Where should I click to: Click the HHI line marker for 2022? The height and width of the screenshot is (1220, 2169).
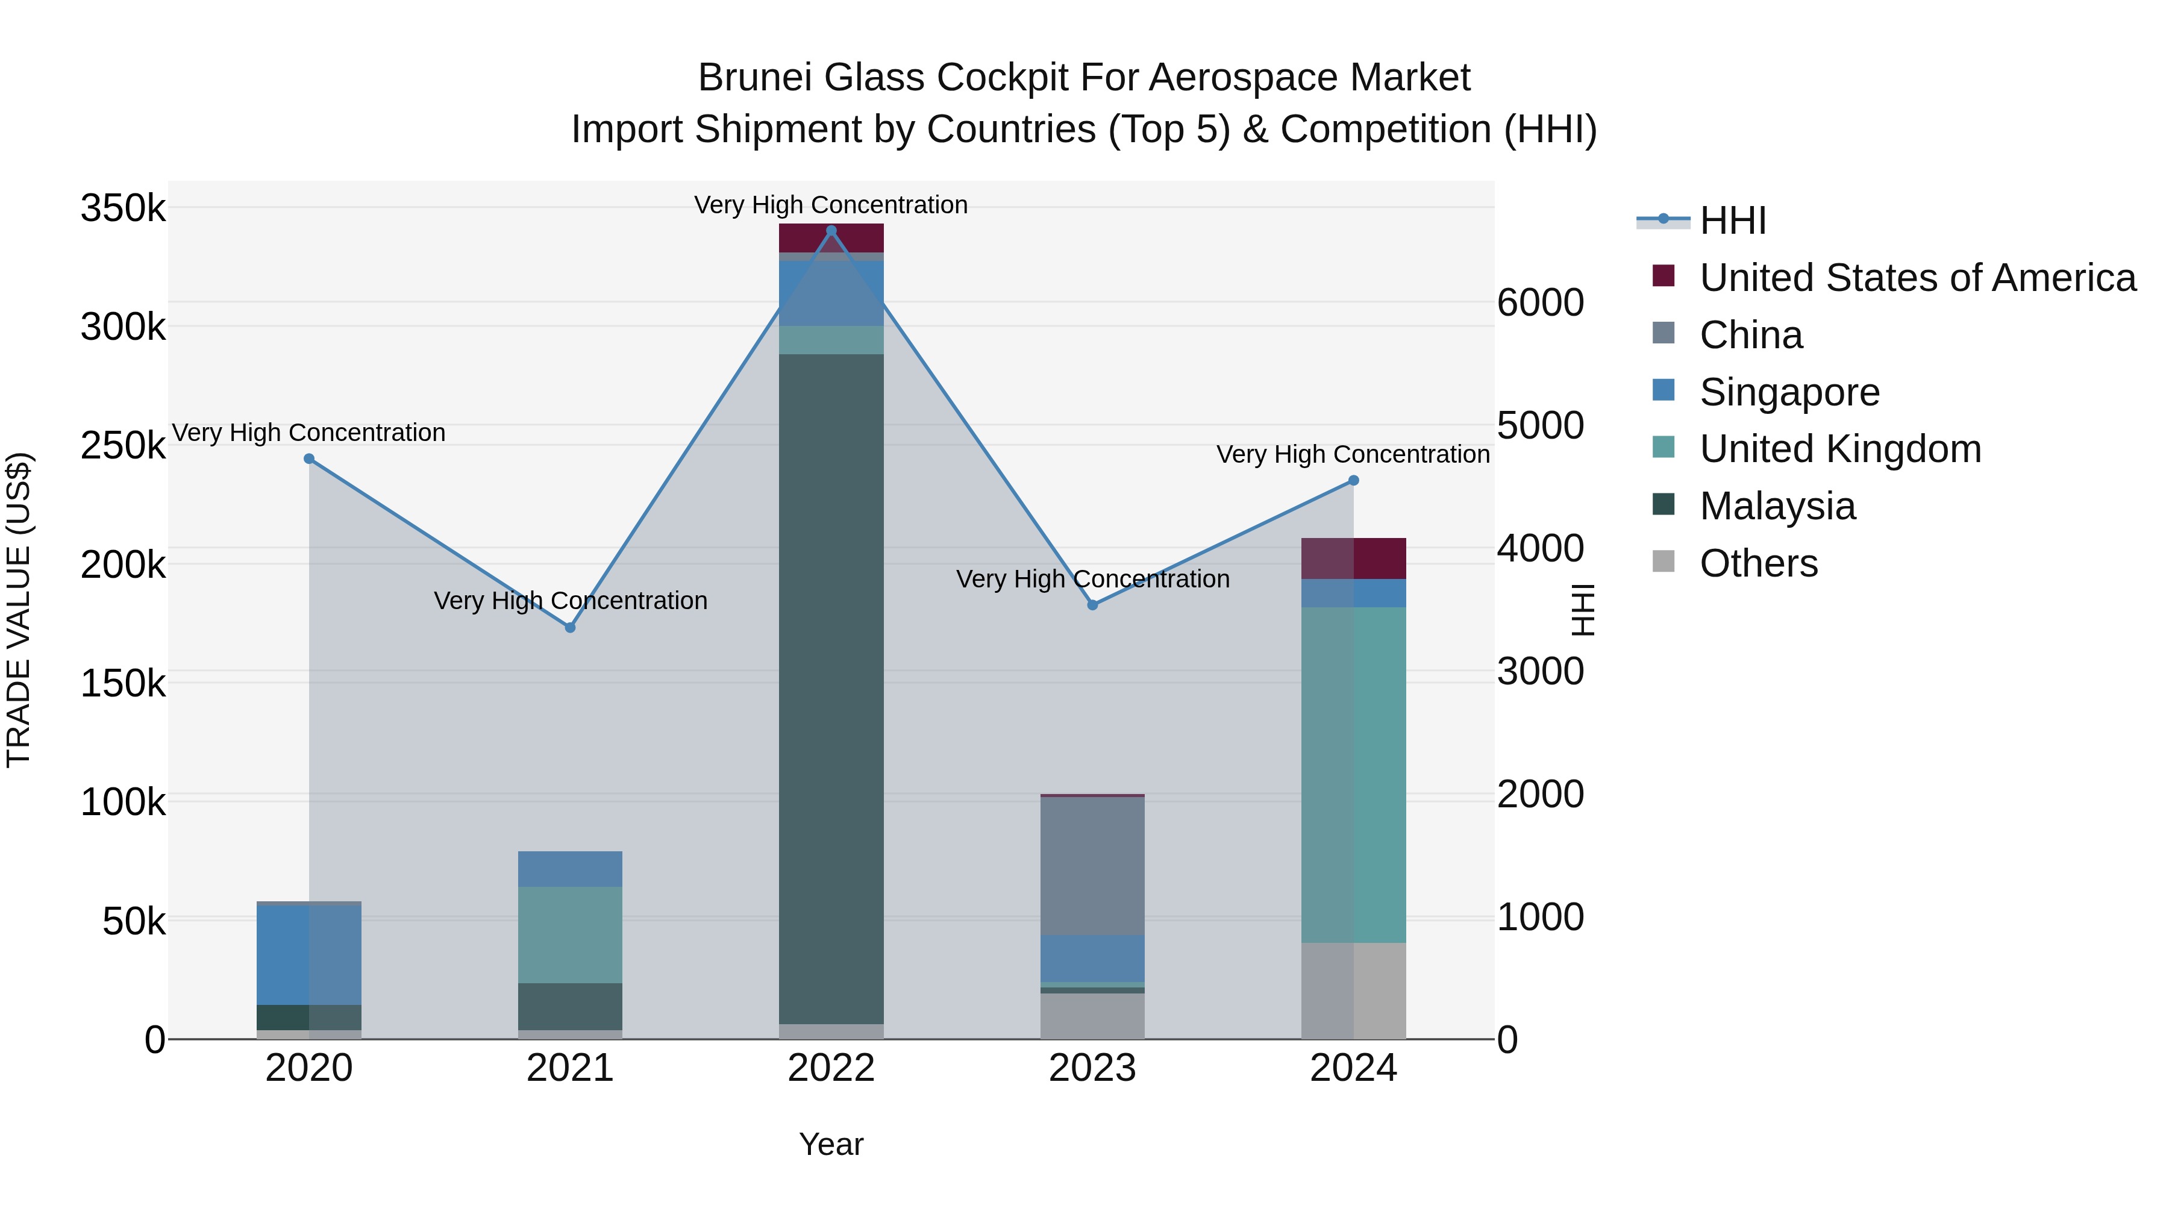(x=831, y=231)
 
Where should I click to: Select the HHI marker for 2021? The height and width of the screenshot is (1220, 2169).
(x=570, y=627)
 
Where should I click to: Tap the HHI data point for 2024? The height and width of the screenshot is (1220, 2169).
(x=1353, y=481)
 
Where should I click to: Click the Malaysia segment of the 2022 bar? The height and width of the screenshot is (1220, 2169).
(x=831, y=689)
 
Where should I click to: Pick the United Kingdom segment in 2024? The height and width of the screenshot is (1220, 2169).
(x=1353, y=775)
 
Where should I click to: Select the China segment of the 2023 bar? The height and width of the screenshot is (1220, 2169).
(x=1092, y=866)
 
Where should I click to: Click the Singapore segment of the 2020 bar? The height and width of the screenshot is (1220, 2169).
(x=309, y=955)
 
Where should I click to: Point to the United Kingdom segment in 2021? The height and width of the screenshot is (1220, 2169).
(x=570, y=934)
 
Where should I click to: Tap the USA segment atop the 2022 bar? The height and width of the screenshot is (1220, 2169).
(x=831, y=238)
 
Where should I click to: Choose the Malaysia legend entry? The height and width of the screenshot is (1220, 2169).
(x=1777, y=506)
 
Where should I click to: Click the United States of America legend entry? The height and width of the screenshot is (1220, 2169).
(x=1917, y=278)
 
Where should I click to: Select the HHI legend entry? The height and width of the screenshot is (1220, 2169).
(x=1732, y=221)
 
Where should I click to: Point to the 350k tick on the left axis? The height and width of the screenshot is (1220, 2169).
(x=123, y=208)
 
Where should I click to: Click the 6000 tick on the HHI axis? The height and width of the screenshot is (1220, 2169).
(x=1540, y=302)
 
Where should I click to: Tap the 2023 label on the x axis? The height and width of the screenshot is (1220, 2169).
(x=1092, y=1068)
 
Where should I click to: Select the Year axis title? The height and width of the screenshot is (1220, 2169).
(x=831, y=1144)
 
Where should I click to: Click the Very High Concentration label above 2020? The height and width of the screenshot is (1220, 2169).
(x=309, y=433)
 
